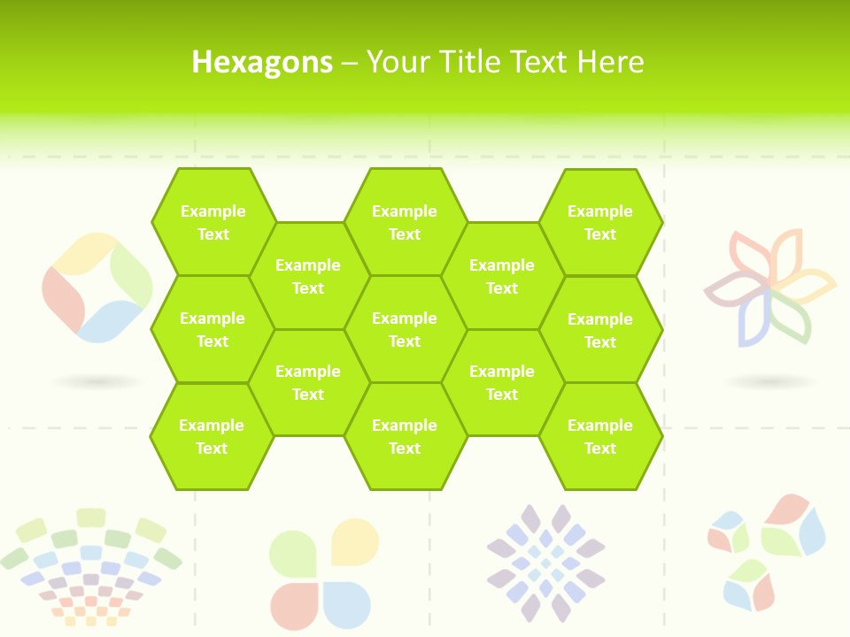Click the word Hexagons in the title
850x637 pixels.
coord(262,62)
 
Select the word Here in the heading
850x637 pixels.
coord(610,62)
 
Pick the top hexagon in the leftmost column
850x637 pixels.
coord(212,222)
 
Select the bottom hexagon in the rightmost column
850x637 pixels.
coord(600,436)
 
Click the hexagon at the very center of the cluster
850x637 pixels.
coord(405,329)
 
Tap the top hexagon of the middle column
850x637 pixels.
coord(405,222)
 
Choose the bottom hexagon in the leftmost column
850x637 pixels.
coord(212,436)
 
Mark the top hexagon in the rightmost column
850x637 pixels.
coord(600,222)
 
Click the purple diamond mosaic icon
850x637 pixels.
coord(545,563)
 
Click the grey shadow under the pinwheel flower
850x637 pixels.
coord(770,382)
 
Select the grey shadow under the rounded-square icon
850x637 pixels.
coord(97,382)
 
